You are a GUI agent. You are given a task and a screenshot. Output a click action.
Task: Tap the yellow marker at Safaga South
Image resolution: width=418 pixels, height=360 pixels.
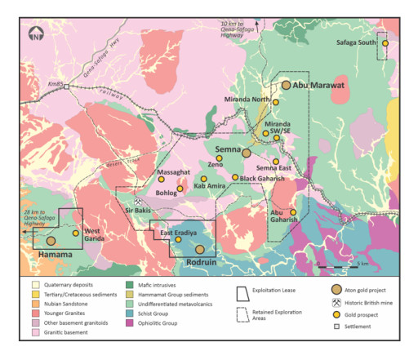(385, 42)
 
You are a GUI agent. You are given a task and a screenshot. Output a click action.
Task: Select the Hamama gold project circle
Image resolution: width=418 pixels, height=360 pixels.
(51, 241)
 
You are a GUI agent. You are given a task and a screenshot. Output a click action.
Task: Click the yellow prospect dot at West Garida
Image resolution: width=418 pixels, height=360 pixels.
(76, 233)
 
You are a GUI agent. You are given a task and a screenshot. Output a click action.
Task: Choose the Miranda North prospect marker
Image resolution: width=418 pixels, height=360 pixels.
(276, 102)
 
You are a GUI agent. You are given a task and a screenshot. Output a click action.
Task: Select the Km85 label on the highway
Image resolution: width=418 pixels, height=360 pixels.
(57, 84)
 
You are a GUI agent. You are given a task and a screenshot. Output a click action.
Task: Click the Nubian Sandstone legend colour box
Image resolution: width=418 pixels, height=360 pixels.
(35, 309)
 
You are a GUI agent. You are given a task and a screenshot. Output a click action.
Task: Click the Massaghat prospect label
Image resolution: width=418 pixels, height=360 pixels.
(172, 174)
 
